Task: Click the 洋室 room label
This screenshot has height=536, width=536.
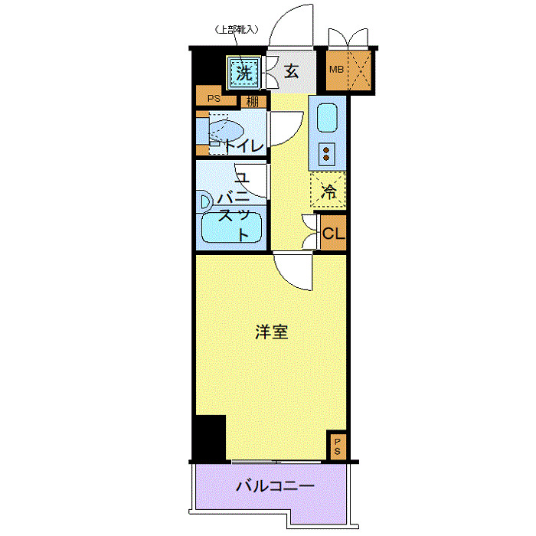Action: (x=271, y=332)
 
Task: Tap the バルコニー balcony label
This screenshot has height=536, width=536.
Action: (x=274, y=485)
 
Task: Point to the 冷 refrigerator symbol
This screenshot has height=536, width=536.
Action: (x=328, y=192)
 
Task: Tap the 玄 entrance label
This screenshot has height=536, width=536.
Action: (x=291, y=72)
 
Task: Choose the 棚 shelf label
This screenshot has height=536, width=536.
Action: (x=253, y=101)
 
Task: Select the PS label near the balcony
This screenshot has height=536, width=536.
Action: (x=337, y=446)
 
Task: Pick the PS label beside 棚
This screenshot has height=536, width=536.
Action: (x=214, y=98)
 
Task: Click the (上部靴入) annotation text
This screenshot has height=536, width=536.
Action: (x=237, y=31)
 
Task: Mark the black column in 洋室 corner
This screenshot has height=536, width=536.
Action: (x=209, y=436)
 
